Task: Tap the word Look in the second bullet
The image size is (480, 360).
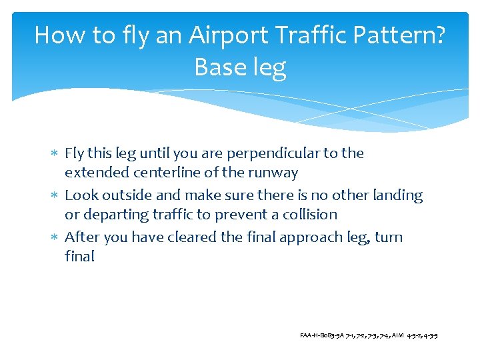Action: pyautogui.click(x=81, y=195)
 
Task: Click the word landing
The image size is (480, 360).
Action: pyautogui.click(x=397, y=195)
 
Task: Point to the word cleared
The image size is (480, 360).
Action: pyautogui.click(x=203, y=237)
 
